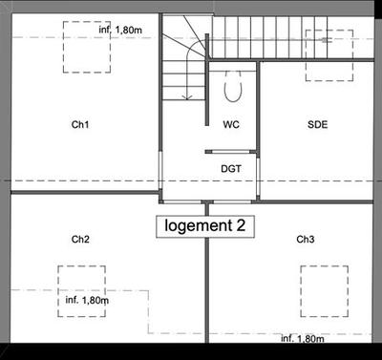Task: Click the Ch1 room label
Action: (79, 124)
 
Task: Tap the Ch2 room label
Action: (80, 239)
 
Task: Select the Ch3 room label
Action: (306, 239)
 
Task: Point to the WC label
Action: (231, 125)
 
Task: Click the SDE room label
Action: (317, 125)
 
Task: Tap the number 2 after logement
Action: (228, 226)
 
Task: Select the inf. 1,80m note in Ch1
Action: (119, 31)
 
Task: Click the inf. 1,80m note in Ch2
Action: (87, 301)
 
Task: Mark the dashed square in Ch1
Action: (84, 45)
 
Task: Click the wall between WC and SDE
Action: (259, 124)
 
